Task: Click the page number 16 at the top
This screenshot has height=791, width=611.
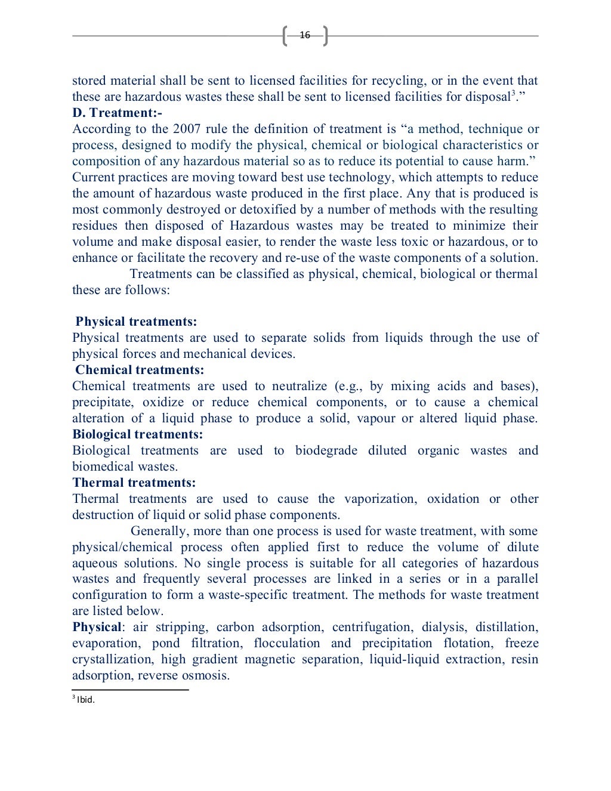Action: tap(305, 35)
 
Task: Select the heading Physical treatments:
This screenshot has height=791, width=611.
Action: tap(136, 322)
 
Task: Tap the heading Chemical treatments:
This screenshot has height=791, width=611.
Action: tap(140, 370)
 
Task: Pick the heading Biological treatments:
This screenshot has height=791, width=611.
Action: tap(138, 435)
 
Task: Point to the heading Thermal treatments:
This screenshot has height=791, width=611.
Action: tap(134, 483)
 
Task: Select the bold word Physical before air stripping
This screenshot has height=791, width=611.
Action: tap(97, 628)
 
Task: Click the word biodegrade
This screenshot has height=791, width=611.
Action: tap(326, 451)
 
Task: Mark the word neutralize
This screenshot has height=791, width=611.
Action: tap(300, 387)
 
